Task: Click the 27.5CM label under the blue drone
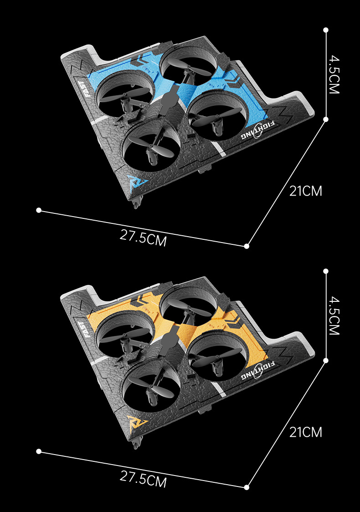point(143,238)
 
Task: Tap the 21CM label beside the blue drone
point(306,191)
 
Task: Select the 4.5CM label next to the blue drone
point(334,74)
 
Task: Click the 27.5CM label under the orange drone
point(143,479)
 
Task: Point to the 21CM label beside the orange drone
point(306,432)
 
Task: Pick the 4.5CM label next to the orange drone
point(334,315)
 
